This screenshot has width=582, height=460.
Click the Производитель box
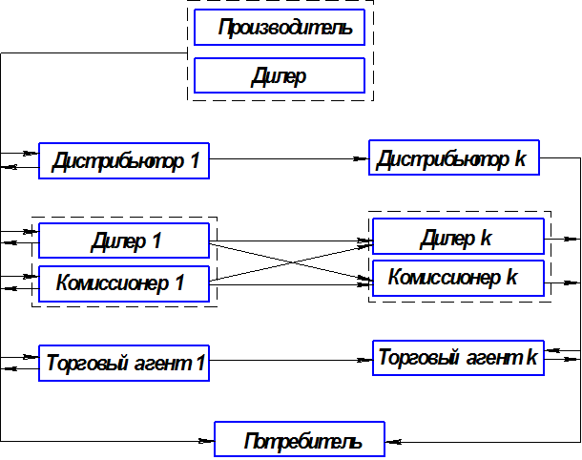point(279,28)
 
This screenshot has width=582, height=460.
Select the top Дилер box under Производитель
point(279,75)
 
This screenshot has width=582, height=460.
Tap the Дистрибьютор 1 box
point(124,160)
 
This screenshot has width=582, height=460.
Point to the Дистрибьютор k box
point(455,158)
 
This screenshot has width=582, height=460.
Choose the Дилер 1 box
point(124,240)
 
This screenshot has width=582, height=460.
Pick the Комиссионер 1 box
point(124,282)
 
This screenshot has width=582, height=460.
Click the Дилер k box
point(458,236)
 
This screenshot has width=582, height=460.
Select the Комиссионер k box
point(458,279)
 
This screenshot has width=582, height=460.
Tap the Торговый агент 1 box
point(124,364)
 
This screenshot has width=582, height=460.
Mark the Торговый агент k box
point(458,358)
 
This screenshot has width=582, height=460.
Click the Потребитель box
point(301,440)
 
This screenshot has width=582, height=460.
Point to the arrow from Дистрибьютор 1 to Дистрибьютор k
point(286,158)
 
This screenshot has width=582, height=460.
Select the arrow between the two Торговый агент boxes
point(286,361)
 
